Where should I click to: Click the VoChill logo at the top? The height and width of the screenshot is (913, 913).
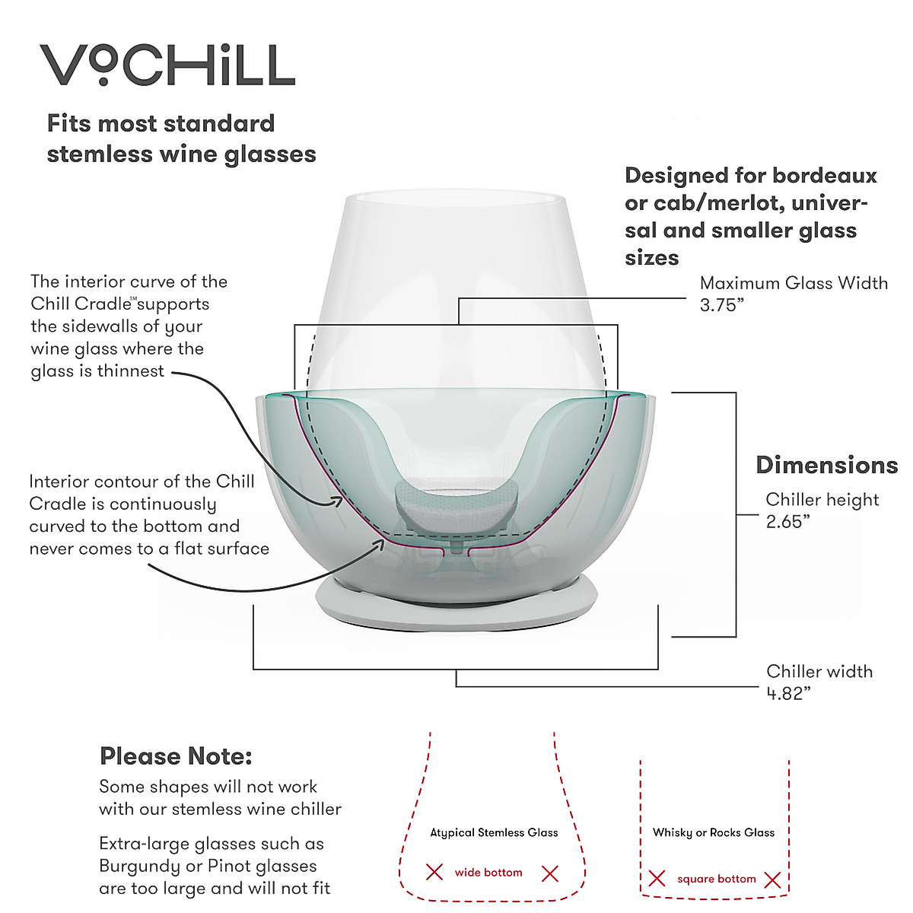[167, 65]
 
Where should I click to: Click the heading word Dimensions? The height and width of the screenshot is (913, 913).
[826, 466]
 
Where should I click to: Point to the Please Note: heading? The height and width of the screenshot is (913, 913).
[176, 756]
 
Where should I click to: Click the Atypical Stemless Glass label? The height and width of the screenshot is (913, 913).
[494, 832]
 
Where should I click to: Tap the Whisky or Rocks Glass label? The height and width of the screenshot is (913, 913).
[714, 832]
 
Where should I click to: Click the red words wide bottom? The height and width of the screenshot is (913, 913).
[488, 873]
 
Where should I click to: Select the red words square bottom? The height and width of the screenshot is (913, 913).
[716, 879]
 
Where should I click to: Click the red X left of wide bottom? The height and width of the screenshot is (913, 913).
[434, 872]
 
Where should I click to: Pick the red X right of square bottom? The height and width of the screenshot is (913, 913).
[772, 880]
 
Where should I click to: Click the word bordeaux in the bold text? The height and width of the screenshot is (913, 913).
[826, 177]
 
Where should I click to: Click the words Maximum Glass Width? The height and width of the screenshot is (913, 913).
[794, 283]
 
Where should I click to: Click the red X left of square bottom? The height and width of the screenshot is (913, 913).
[657, 879]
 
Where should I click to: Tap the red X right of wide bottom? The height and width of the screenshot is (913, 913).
[550, 873]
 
